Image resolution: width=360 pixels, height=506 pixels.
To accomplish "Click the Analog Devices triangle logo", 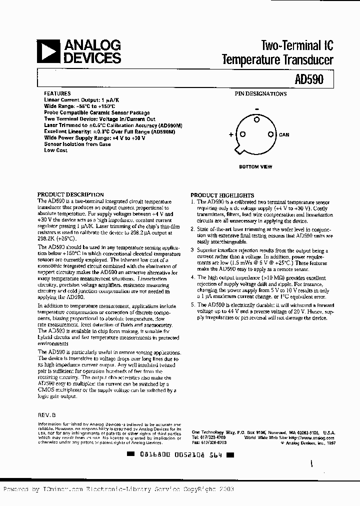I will (50, 51).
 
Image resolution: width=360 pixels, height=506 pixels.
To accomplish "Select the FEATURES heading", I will (57, 93).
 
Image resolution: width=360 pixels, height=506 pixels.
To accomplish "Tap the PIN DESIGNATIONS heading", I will (261, 93).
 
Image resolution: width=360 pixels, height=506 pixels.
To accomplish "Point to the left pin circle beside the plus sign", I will (241, 134).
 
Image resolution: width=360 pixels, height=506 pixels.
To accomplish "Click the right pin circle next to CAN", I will (270, 134).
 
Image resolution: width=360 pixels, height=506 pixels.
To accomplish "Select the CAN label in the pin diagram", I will (284, 135).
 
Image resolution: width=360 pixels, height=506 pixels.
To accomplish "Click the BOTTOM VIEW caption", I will (255, 167).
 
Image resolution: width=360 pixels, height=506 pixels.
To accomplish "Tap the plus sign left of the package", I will (231, 134).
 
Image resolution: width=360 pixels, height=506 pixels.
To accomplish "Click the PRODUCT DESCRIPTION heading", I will (71, 194).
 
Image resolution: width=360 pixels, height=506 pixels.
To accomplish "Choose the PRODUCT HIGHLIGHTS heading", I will (222, 195).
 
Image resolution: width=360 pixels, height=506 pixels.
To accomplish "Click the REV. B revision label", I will (47, 415).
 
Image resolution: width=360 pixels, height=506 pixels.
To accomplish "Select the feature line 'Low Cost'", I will (55, 150).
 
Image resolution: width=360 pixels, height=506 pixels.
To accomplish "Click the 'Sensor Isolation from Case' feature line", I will (77, 144).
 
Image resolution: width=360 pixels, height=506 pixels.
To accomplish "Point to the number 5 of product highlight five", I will (192, 304).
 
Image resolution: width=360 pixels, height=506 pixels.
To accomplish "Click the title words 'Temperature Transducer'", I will (277, 60).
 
